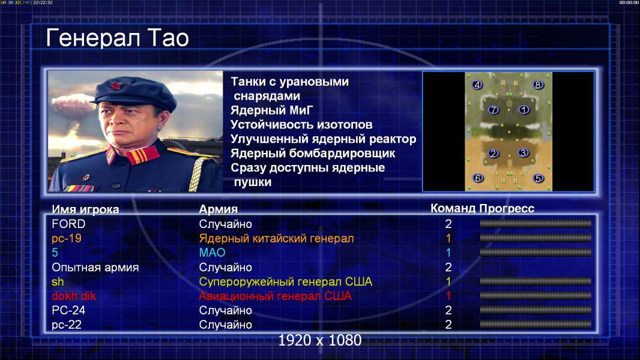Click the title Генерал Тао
(117, 38)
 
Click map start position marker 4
(477, 85)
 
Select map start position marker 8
(537, 85)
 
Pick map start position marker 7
(494, 110)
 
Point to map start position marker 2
(494, 153)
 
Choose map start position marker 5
(538, 178)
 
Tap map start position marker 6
(477, 178)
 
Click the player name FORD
(68, 224)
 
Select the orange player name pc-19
(67, 239)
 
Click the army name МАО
(213, 253)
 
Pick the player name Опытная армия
(95, 268)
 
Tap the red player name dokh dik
(74, 296)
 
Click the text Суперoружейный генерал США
(286, 282)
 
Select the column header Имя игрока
(85, 209)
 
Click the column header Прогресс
(507, 209)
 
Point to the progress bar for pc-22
(536, 325)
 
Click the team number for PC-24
(448, 310)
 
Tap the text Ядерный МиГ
(272, 110)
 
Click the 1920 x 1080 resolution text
(320, 340)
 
